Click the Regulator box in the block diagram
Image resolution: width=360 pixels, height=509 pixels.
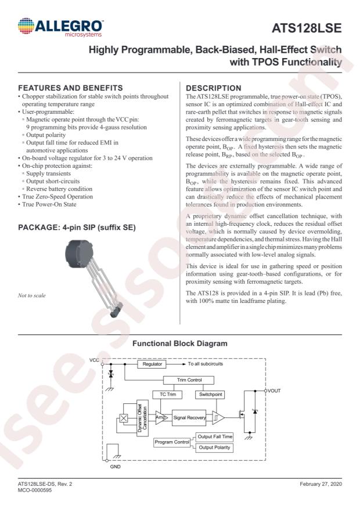point(152,364)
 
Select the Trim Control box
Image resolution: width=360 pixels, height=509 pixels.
point(179,380)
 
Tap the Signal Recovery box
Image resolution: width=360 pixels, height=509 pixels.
point(190,417)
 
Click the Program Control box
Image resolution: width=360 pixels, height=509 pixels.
point(172,442)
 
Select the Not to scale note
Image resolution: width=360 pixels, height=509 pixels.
point(33,295)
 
